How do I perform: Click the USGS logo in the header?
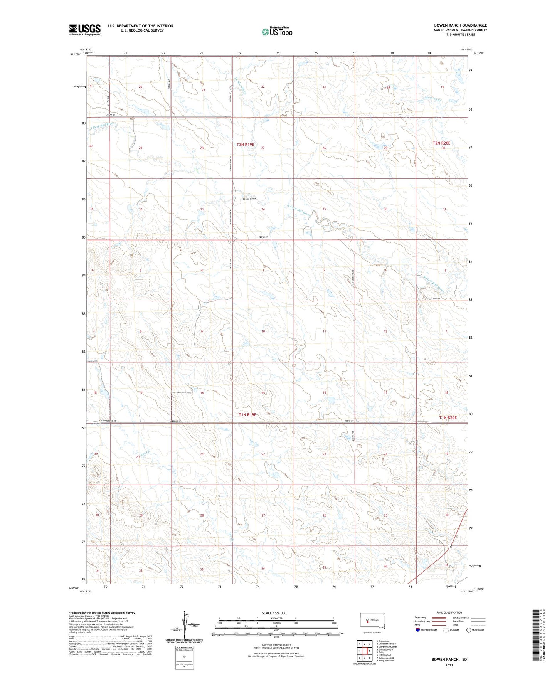[85, 30]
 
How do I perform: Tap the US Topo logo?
[277, 32]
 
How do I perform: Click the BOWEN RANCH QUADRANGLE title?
[460, 25]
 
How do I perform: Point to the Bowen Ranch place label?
[249, 199]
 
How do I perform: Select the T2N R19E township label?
[246, 145]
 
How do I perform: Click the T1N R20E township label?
[448, 417]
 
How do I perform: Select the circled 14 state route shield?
[449, 547]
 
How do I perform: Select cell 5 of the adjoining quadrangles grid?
[369, 651]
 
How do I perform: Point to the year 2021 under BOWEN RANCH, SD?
[449, 665]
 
